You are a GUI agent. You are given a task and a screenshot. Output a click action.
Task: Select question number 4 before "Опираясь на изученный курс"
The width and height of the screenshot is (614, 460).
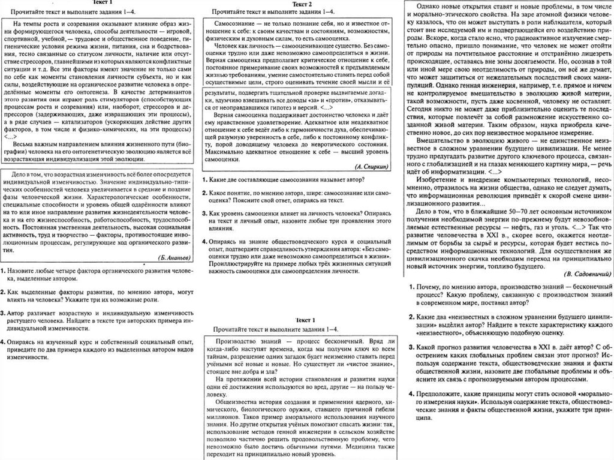[4, 341]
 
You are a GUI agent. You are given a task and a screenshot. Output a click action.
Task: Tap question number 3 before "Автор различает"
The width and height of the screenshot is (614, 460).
[4, 313]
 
